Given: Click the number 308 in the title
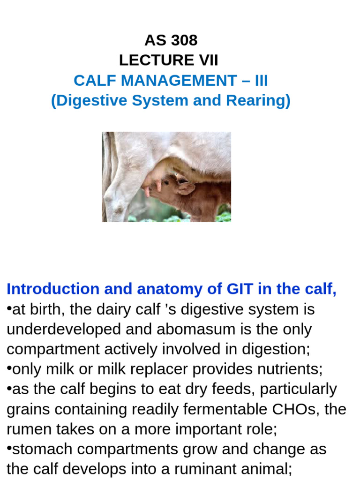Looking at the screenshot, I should [184, 41].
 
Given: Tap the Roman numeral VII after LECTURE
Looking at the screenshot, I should [208, 60].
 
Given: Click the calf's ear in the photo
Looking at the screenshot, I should [186, 188].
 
